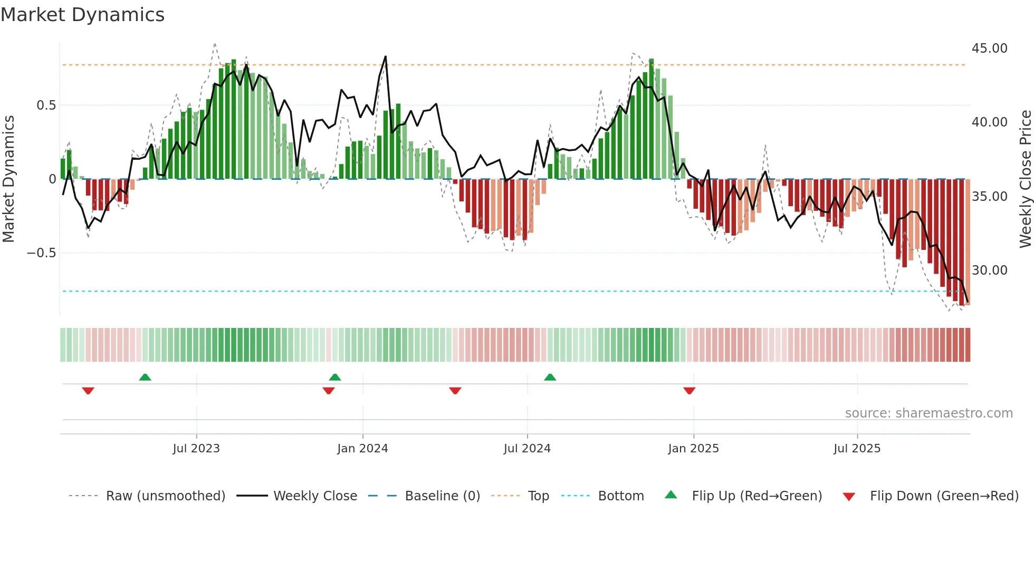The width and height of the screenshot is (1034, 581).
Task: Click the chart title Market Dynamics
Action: (x=82, y=15)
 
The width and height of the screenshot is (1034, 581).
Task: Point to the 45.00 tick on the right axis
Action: (x=989, y=49)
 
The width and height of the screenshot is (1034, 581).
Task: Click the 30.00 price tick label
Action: (x=989, y=270)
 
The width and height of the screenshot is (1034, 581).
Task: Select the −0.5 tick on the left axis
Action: (x=41, y=253)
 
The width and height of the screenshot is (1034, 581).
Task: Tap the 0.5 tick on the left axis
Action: (x=46, y=105)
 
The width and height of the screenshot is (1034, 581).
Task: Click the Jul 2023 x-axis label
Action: (x=196, y=449)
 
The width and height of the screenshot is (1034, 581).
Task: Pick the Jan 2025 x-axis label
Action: (x=693, y=449)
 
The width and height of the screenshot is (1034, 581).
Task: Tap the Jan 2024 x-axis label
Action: (x=362, y=449)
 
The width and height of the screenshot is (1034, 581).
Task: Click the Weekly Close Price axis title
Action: (x=1025, y=179)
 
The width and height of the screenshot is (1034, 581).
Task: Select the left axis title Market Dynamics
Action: (x=8, y=179)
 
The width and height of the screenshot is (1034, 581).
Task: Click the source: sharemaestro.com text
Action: (x=928, y=413)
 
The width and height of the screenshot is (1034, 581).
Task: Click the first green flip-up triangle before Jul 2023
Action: (x=145, y=377)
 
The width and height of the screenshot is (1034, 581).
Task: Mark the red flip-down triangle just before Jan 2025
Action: (x=689, y=391)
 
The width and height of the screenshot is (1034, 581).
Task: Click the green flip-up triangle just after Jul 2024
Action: (x=550, y=377)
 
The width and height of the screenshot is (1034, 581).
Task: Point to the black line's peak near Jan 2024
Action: (x=386, y=56)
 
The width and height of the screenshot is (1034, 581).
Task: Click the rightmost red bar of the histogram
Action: (x=968, y=243)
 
